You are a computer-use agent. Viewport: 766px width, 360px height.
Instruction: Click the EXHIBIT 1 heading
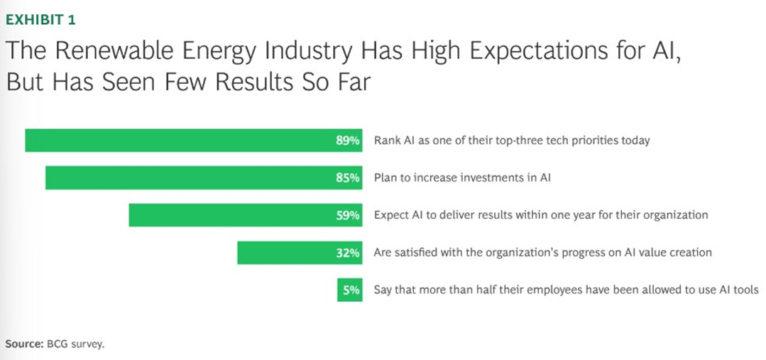40,20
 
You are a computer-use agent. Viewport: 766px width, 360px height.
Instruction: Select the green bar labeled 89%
194,141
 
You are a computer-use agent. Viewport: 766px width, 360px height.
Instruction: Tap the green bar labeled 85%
204,178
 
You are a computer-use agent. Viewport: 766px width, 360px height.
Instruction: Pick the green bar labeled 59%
246,215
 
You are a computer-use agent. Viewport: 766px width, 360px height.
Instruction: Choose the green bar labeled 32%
300,253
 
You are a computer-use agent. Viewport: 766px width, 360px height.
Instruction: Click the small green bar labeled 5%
350,290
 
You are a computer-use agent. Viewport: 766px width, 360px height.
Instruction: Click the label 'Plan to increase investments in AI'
462,178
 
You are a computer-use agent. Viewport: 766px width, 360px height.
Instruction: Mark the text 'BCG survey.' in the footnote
75,344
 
